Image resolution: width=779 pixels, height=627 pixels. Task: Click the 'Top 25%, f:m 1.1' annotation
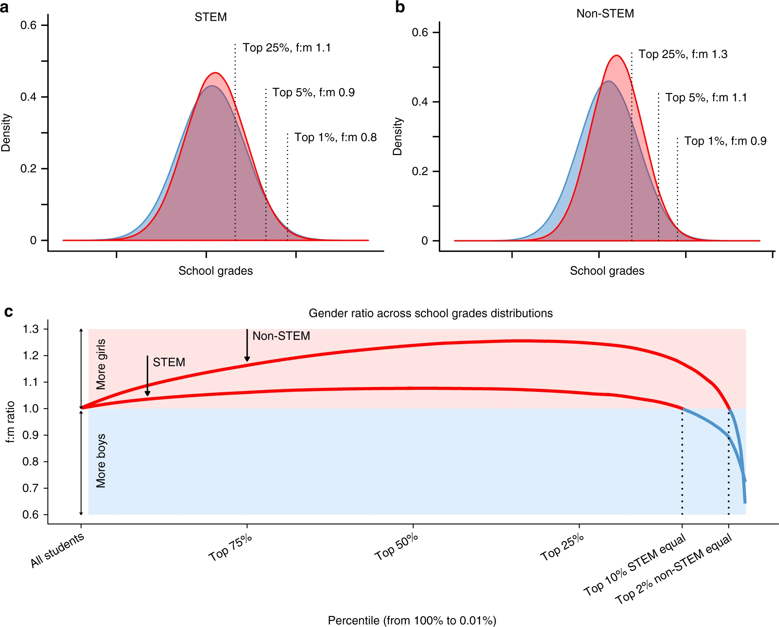click(287, 48)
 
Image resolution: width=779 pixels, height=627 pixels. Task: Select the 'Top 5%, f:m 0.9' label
click(313, 93)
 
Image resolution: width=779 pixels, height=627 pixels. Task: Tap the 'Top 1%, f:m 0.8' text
click(335, 137)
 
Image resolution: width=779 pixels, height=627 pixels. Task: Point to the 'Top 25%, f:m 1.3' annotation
click(682, 54)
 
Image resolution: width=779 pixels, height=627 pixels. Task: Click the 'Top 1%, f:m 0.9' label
click(725, 141)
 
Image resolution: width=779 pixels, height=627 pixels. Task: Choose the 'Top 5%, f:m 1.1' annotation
click(706, 98)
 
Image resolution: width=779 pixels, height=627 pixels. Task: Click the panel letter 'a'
click(4, 7)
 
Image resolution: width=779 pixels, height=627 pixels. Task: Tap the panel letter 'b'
click(400, 7)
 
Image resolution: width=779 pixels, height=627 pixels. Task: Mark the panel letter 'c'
click(8, 312)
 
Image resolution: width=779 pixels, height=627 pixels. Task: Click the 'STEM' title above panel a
click(210, 17)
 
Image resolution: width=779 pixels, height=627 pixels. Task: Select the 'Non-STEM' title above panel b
click(605, 14)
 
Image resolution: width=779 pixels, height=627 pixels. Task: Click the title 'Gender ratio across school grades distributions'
click(430, 313)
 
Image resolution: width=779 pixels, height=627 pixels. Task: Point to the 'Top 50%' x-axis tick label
click(396, 547)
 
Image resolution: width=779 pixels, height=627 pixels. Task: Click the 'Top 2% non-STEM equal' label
click(674, 569)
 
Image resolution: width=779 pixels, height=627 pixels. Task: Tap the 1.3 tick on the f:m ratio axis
click(30, 329)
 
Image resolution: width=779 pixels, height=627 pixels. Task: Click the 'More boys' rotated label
click(101, 461)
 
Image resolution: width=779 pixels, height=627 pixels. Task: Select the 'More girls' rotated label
click(101, 364)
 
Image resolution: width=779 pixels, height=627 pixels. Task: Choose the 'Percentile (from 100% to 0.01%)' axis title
click(412, 620)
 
